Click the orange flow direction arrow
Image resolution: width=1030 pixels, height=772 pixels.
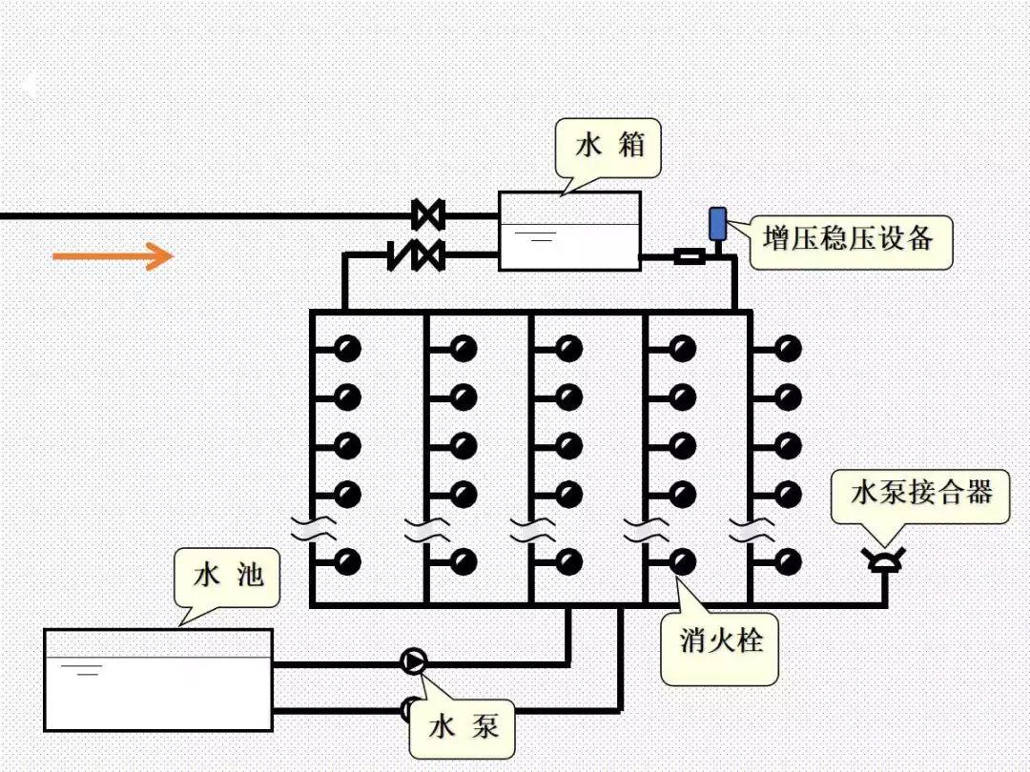[x=113, y=255]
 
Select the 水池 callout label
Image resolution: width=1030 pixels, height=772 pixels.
[x=227, y=576]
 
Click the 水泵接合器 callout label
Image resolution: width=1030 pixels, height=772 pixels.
[x=920, y=494]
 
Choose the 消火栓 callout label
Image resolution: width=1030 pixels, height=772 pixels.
[x=720, y=641]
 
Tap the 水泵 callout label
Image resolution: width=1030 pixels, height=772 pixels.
[x=463, y=728]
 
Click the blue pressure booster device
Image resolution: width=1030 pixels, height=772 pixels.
[x=717, y=224]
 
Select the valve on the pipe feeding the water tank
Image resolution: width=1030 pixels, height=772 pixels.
[x=428, y=215]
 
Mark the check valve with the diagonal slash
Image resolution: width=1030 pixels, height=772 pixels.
[x=401, y=255]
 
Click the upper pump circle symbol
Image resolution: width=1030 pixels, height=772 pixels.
[x=414, y=661]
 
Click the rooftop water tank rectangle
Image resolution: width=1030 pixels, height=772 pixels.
[x=569, y=231]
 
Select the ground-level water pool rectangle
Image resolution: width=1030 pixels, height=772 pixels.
[x=158, y=680]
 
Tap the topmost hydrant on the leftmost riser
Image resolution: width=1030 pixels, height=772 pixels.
[x=348, y=349]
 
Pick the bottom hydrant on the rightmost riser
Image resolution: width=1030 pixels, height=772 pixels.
[x=788, y=561]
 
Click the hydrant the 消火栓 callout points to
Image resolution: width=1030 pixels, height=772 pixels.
[x=683, y=561]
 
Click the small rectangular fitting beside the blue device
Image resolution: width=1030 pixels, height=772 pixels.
[x=689, y=255]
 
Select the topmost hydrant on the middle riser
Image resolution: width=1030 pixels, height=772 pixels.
[x=569, y=349]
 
